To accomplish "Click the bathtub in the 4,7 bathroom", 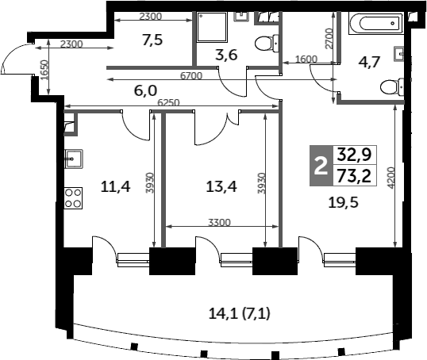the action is pyautogui.click(x=376, y=24).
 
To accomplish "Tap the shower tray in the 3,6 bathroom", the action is pyautogui.click(x=212, y=27).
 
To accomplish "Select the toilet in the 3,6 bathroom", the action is pyautogui.click(x=267, y=44).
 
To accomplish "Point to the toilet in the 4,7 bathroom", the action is pyautogui.click(x=392, y=87).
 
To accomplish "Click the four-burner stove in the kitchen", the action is pyautogui.click(x=73, y=198).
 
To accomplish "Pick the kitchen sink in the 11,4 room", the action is pyautogui.click(x=74, y=159).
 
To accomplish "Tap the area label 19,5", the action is pyautogui.click(x=343, y=202).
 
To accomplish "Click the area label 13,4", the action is pyautogui.click(x=221, y=186).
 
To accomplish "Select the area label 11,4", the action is pyautogui.click(x=115, y=186).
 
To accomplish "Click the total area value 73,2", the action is pyautogui.click(x=354, y=176).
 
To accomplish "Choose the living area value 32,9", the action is pyautogui.click(x=354, y=155).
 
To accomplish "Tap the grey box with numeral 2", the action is pyautogui.click(x=321, y=166).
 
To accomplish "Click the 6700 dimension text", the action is pyautogui.click(x=191, y=75).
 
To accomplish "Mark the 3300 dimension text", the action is pyautogui.click(x=220, y=223).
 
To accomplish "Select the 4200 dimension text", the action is pyautogui.click(x=391, y=178).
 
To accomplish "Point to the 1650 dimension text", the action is pyautogui.click(x=45, y=70).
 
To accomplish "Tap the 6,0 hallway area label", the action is pyautogui.click(x=146, y=90).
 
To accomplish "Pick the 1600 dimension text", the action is pyautogui.click(x=306, y=59).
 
